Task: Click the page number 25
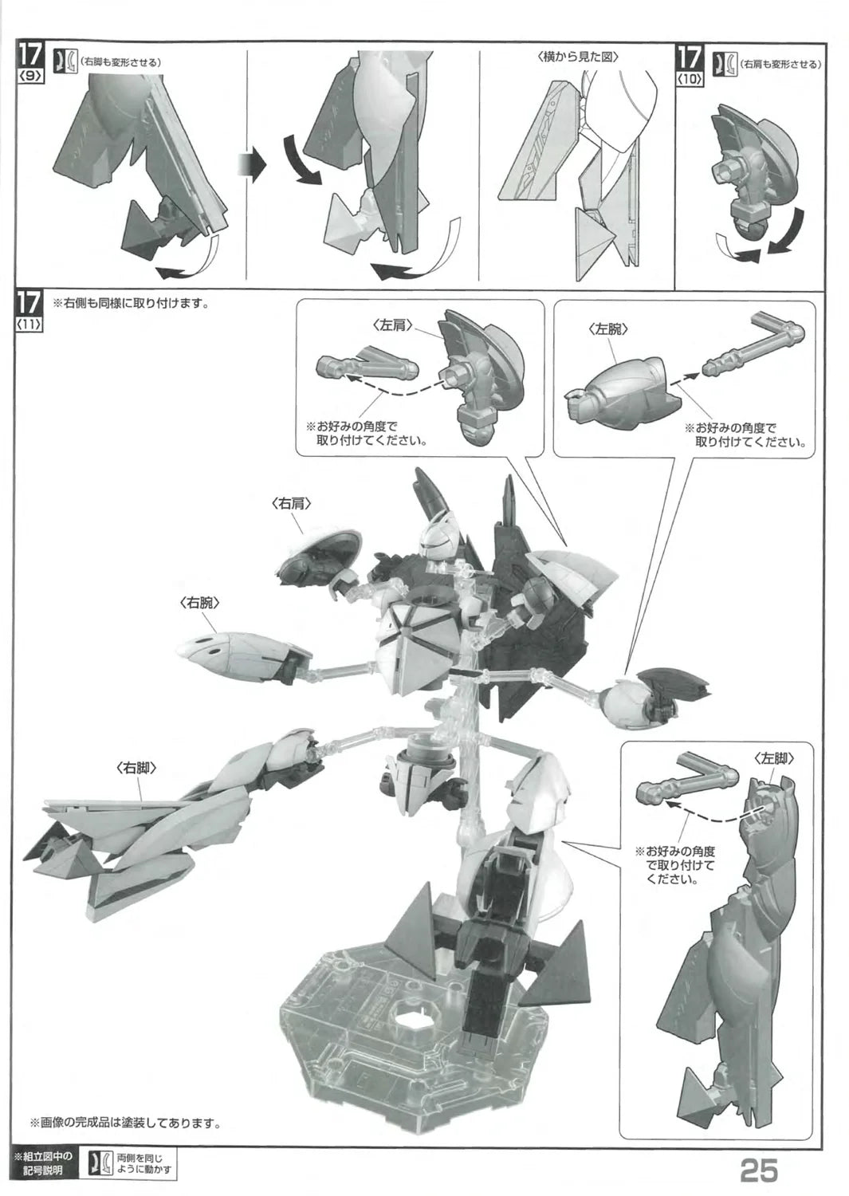(758, 1171)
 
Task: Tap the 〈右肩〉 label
(291, 503)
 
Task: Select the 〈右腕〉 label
(200, 604)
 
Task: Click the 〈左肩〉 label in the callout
(393, 325)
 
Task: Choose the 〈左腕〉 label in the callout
(608, 330)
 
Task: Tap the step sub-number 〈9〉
(30, 77)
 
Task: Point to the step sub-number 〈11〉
(30, 324)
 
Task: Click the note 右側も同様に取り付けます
(129, 304)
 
